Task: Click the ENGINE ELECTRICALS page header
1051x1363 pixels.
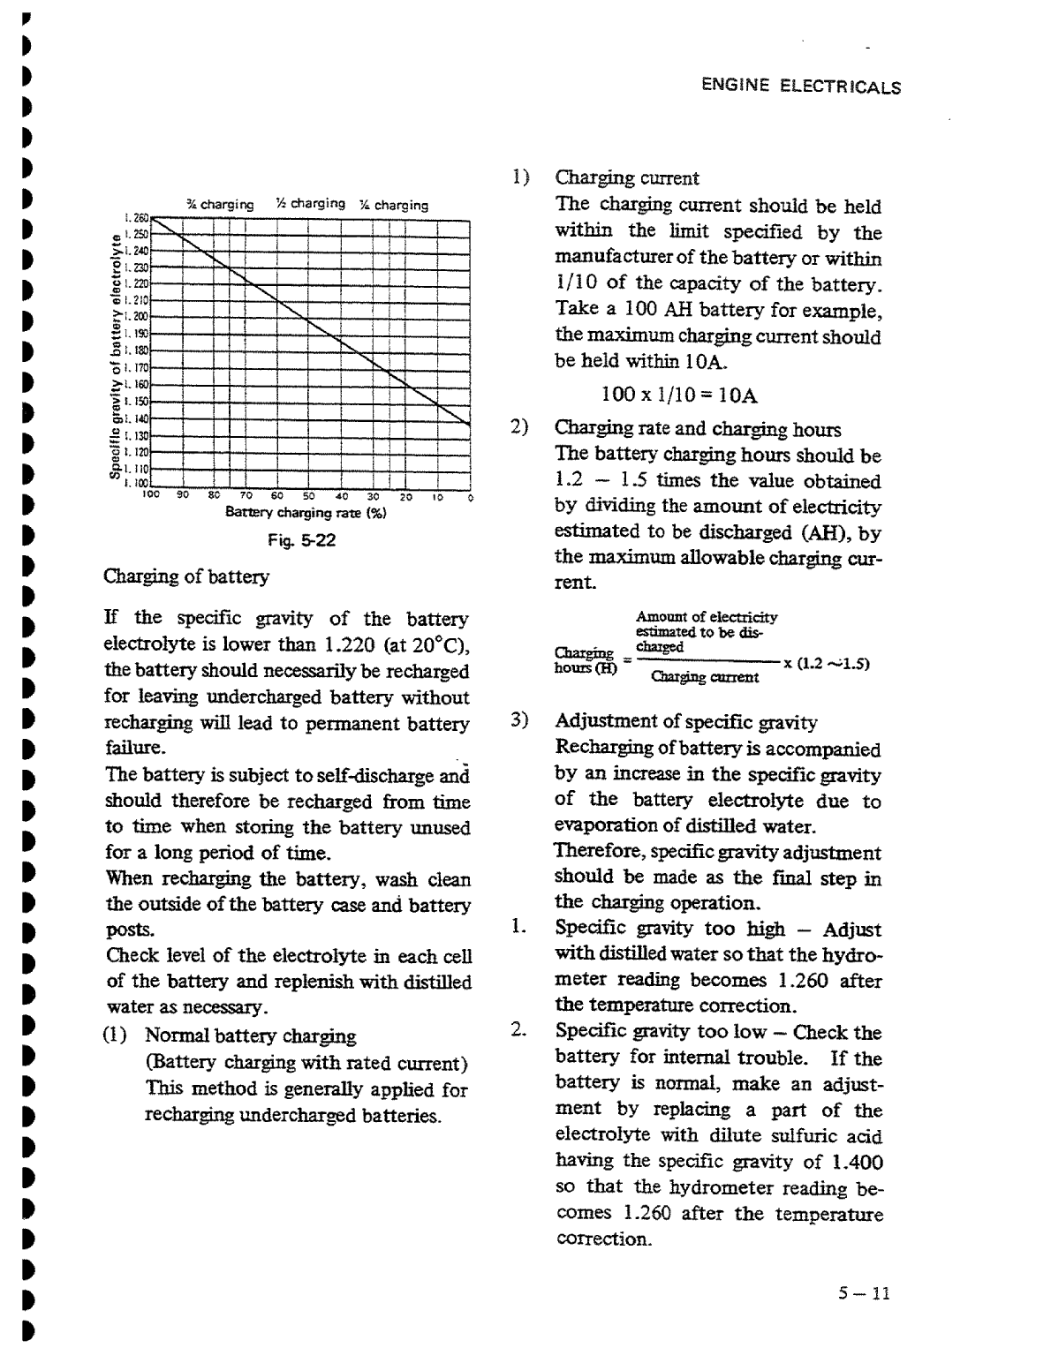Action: click(800, 87)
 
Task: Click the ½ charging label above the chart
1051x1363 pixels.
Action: click(310, 204)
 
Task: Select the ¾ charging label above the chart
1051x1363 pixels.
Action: click(220, 205)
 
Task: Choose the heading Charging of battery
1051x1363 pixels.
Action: click(186, 576)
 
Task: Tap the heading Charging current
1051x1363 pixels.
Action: click(626, 177)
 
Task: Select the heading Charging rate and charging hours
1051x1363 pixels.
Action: click(698, 429)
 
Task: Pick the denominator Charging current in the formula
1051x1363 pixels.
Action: click(704, 677)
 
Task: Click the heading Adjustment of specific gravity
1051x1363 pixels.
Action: click(686, 722)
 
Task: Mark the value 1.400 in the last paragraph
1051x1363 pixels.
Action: click(859, 1163)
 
